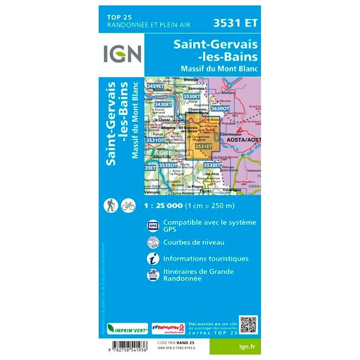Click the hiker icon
click(109, 206)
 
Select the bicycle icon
click(128, 206)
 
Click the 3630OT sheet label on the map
click(220, 108)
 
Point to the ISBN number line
click(178, 347)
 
